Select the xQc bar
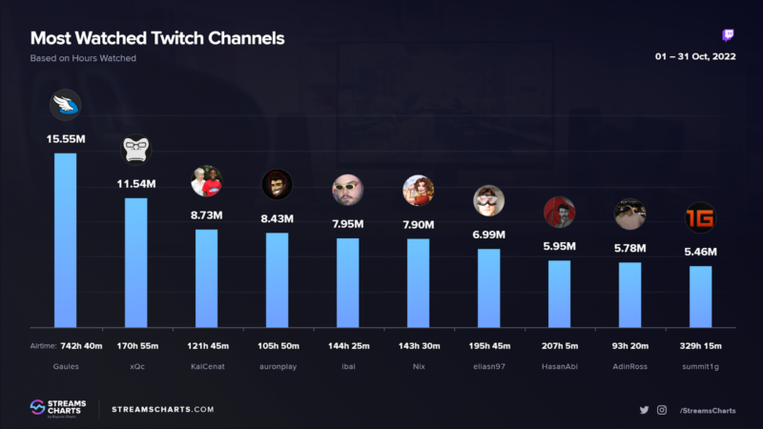pyautogui.click(x=135, y=262)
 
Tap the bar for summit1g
pyautogui.click(x=700, y=296)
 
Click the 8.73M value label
pyautogui.click(x=206, y=216)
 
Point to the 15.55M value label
pyautogui.click(x=66, y=139)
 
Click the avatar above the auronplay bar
pyautogui.click(x=277, y=184)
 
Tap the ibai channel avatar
pyautogui.click(x=347, y=190)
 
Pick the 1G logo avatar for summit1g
pyautogui.click(x=700, y=217)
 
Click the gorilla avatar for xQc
pyautogui.click(x=135, y=149)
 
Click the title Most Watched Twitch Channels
pyautogui.click(x=157, y=39)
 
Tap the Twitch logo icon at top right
pyautogui.click(x=729, y=36)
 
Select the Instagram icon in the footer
pyautogui.click(x=662, y=410)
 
